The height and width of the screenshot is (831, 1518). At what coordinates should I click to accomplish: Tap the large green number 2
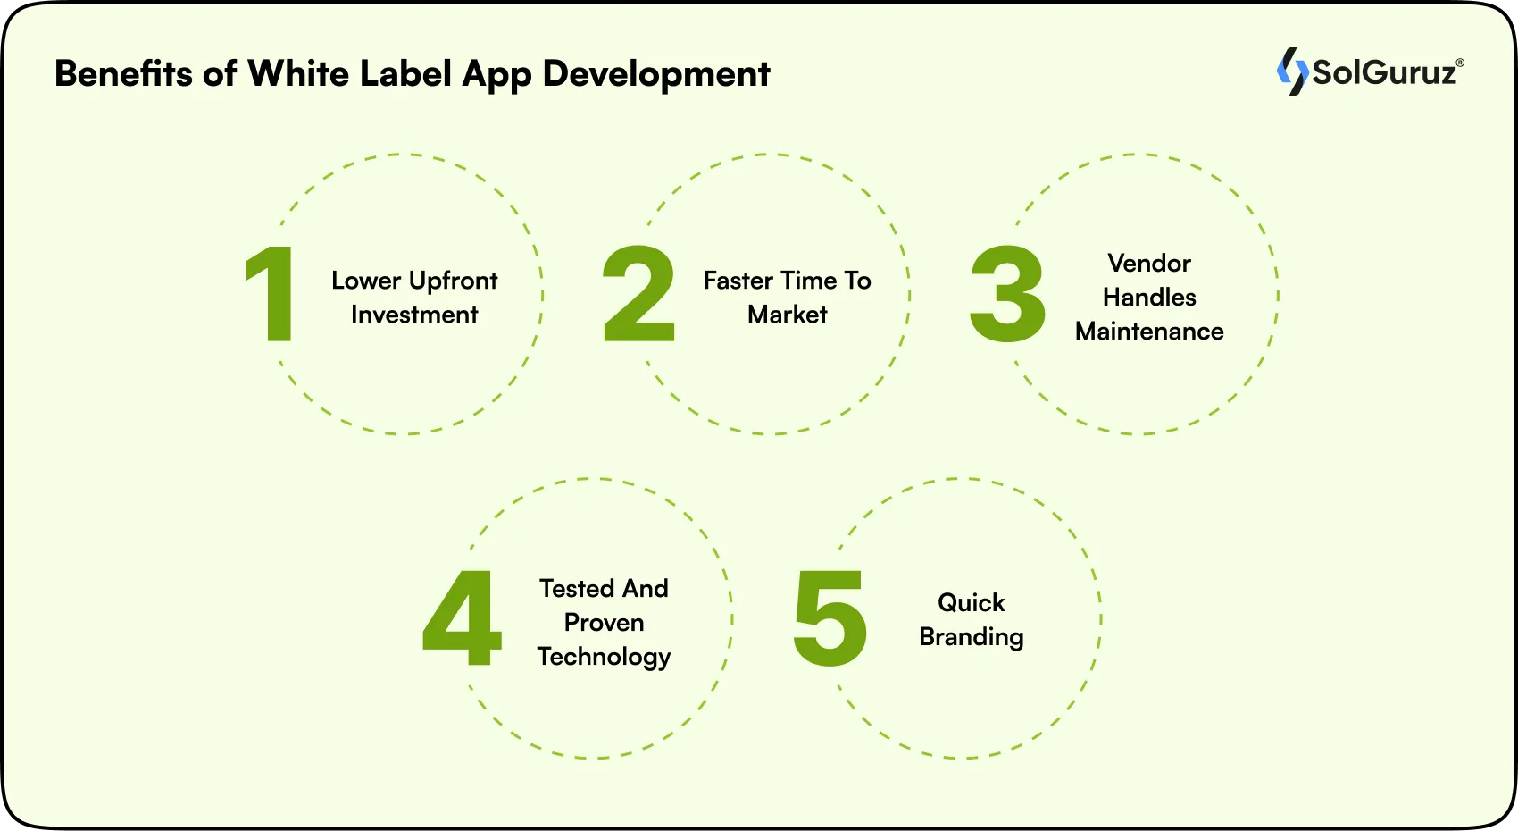click(x=638, y=295)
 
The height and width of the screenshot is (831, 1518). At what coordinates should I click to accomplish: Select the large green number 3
click(x=1007, y=295)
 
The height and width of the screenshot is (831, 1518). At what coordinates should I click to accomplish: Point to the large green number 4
click(x=462, y=618)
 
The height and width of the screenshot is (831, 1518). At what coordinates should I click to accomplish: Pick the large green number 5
click(x=830, y=618)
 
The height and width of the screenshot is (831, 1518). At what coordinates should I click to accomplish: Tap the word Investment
click(x=414, y=315)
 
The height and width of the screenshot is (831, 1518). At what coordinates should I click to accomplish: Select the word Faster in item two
click(x=738, y=281)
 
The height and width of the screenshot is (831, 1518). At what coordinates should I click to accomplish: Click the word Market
click(x=788, y=315)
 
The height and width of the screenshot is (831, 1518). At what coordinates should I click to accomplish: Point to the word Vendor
click(x=1149, y=264)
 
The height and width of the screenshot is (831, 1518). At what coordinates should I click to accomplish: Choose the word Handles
click(x=1149, y=298)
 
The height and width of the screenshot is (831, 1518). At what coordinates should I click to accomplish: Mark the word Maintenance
click(x=1149, y=332)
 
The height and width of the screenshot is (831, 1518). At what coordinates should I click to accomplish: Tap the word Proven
click(x=604, y=623)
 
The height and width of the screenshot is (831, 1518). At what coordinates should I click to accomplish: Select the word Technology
click(x=604, y=657)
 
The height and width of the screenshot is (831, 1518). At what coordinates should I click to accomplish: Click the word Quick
click(x=972, y=603)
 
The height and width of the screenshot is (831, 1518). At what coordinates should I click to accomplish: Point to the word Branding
click(x=972, y=637)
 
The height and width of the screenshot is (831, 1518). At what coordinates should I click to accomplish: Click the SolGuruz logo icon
click(x=1291, y=71)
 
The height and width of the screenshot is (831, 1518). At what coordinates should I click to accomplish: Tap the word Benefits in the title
click(x=123, y=73)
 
